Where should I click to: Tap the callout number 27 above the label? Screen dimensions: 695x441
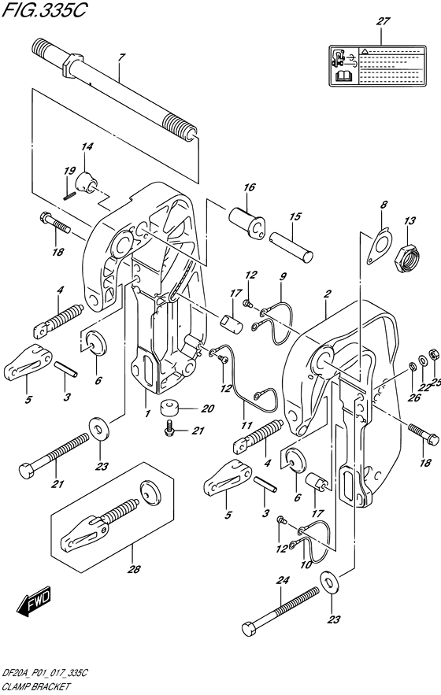(384, 22)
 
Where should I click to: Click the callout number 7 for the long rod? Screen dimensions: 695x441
(122, 57)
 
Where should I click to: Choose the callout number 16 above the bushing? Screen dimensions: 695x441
(250, 187)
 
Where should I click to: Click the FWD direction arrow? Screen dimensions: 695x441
(34, 603)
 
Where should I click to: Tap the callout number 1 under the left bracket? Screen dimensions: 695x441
(146, 392)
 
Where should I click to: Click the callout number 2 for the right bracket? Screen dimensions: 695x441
(324, 294)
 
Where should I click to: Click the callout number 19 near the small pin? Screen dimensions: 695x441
(69, 171)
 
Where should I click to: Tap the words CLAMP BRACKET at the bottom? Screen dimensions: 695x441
(40, 686)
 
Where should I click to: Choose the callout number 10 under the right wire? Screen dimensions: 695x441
(305, 565)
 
